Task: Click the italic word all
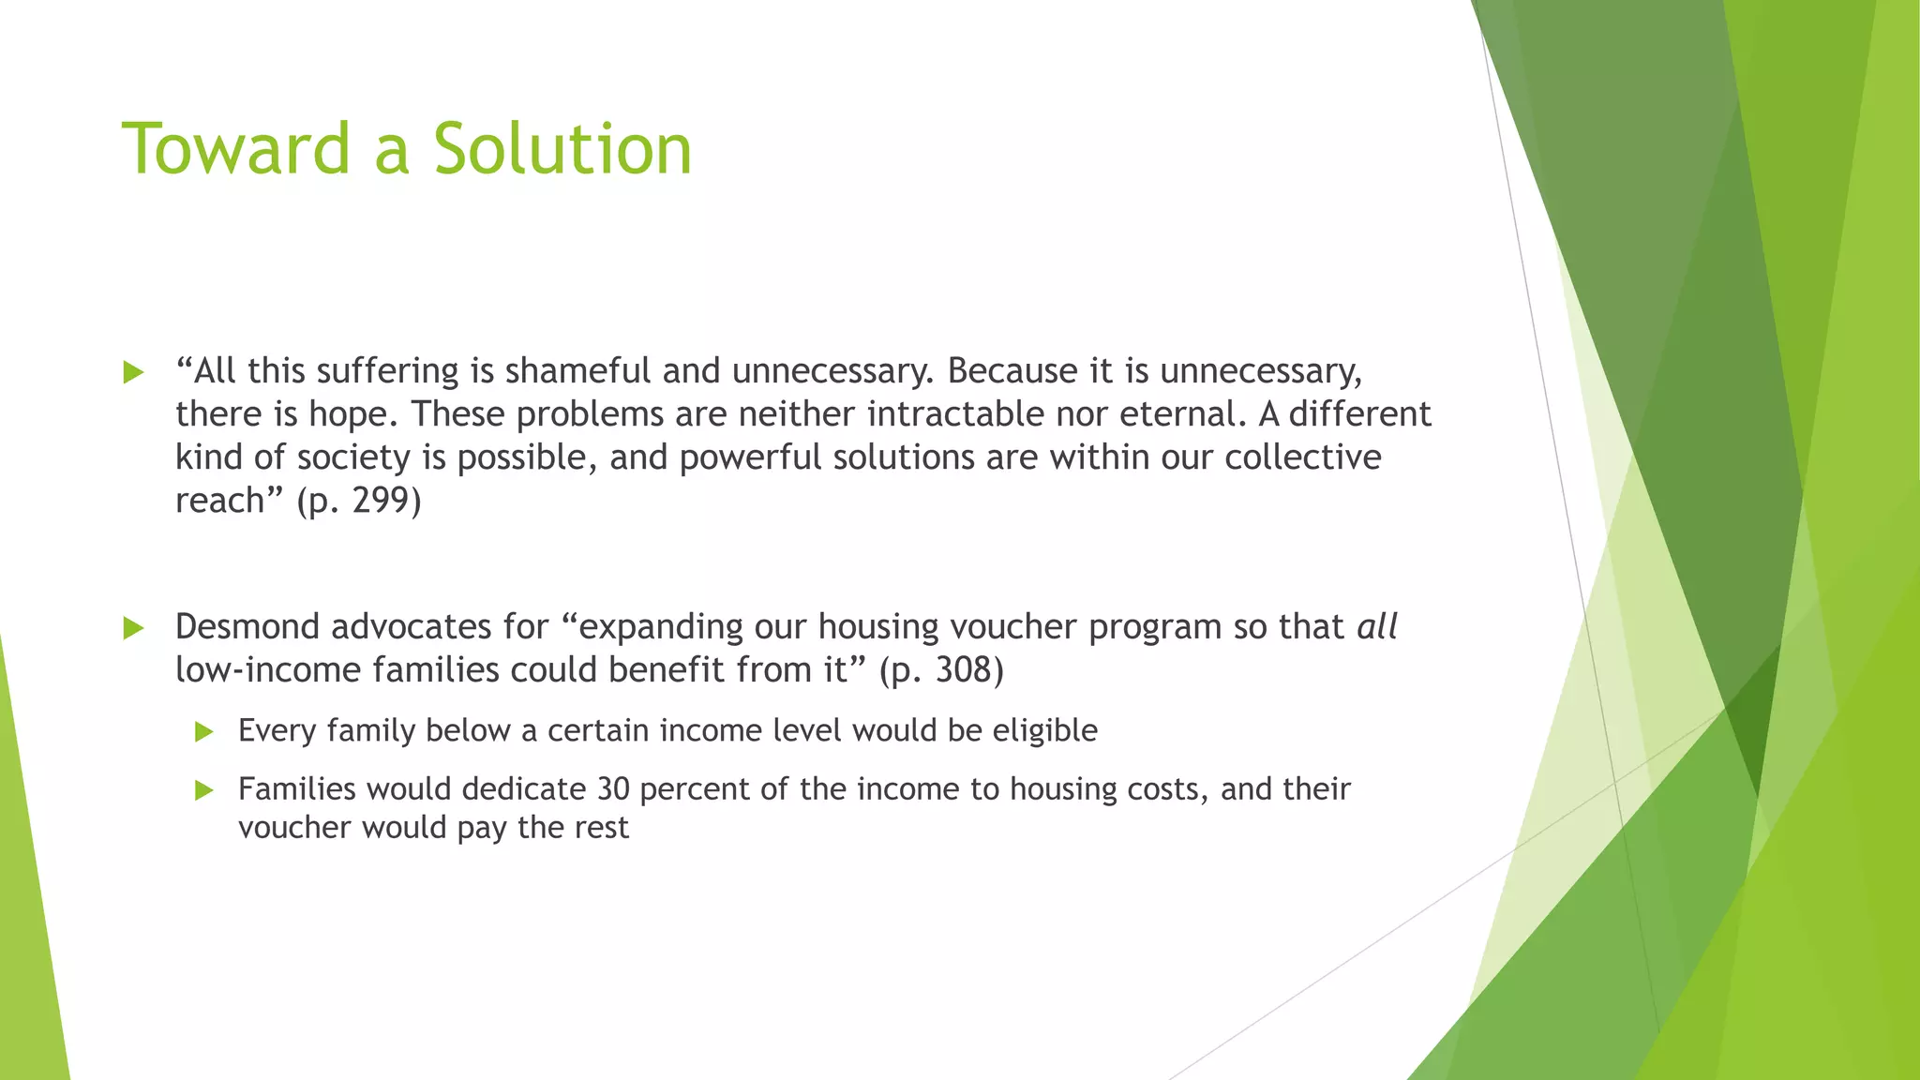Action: pos(1377,626)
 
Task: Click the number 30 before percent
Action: pos(613,789)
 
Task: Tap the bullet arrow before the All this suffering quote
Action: pos(133,372)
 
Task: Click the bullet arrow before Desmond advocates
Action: pos(133,627)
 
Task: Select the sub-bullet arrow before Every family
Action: pos(204,731)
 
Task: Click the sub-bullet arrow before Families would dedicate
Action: pos(204,790)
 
